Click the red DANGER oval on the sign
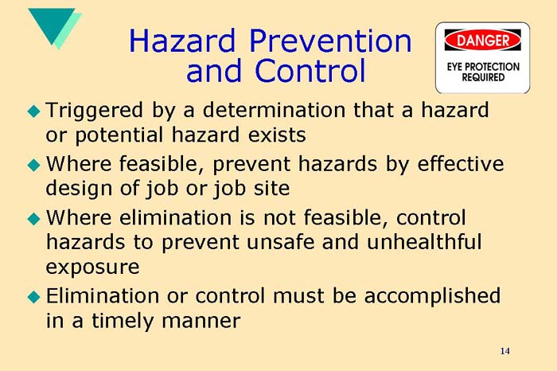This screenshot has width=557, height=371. point(482,40)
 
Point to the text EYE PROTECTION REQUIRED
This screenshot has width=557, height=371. point(482,72)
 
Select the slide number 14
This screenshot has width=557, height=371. point(505,351)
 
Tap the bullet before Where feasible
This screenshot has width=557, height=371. point(33,166)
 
